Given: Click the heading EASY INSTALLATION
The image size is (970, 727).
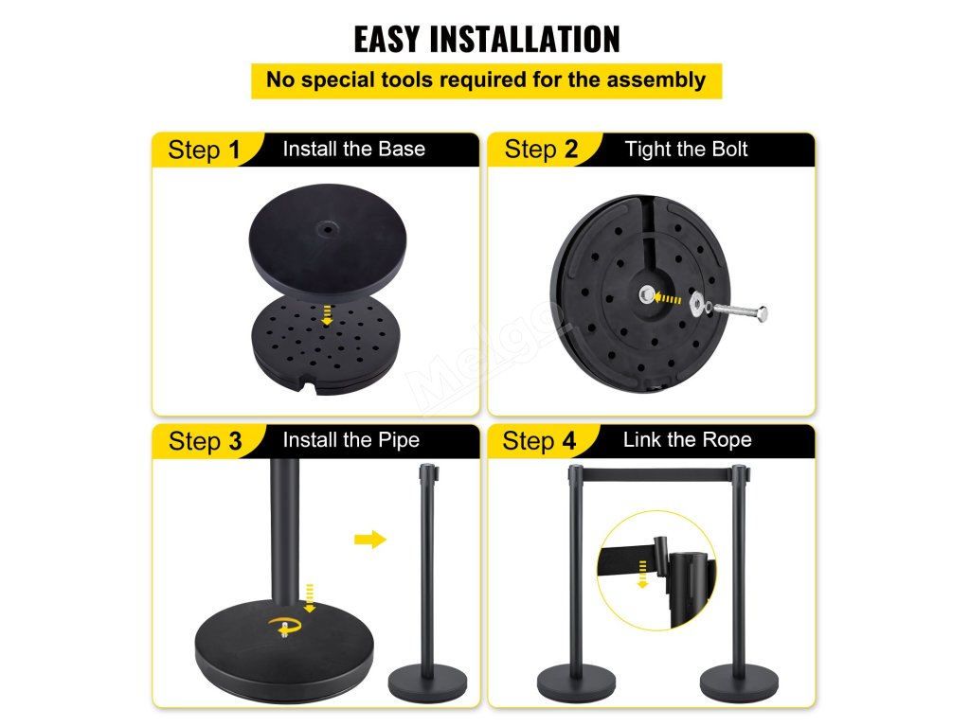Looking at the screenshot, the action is pyautogui.click(x=486, y=40).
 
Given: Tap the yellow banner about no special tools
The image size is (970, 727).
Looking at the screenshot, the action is pyautogui.click(x=486, y=80).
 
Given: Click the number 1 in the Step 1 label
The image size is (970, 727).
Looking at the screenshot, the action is pyautogui.click(x=234, y=150).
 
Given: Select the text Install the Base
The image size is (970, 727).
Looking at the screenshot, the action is pyautogui.click(x=354, y=149).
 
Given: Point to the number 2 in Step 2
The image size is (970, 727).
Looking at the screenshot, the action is pyautogui.click(x=570, y=149).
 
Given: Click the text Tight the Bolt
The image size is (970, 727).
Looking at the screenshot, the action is pyautogui.click(x=686, y=149).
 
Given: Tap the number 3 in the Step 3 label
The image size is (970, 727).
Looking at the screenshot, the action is pyautogui.click(x=235, y=441).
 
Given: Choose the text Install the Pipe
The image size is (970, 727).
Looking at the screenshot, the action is pyautogui.click(x=350, y=440).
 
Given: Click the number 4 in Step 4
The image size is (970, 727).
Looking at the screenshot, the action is pyautogui.click(x=569, y=441).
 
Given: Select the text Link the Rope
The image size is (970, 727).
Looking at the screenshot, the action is pyautogui.click(x=688, y=439).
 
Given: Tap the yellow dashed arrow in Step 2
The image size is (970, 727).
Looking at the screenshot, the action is pyautogui.click(x=668, y=298).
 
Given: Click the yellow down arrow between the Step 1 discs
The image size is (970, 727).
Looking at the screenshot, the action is pyautogui.click(x=327, y=314).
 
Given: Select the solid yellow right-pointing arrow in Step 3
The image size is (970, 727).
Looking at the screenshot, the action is pyautogui.click(x=370, y=540).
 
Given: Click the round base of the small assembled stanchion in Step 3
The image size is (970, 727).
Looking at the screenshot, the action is pyautogui.click(x=427, y=683).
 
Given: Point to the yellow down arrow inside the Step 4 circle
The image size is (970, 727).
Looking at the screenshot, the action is pyautogui.click(x=643, y=575).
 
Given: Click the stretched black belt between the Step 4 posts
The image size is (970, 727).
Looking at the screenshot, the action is pyautogui.click(x=657, y=475).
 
